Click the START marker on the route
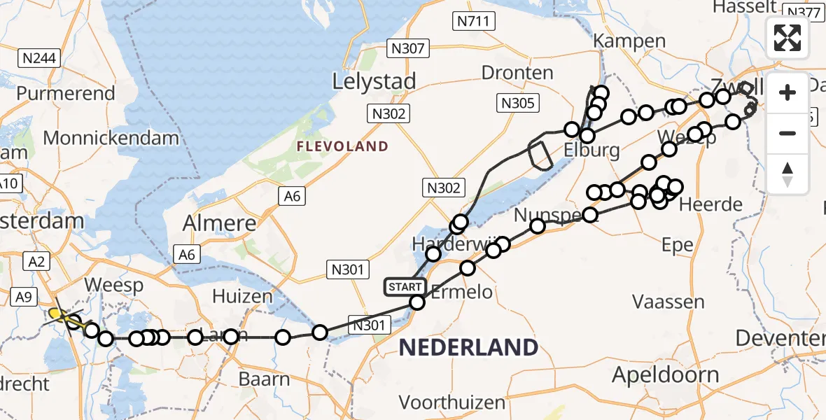point(405,286)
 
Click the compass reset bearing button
point(787,174)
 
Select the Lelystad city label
point(374,81)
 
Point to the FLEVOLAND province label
point(342,146)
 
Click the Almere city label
point(219,224)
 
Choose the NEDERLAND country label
point(468,346)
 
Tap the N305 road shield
point(518,104)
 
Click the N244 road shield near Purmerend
point(39,58)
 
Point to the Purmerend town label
point(66,93)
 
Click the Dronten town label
point(518,73)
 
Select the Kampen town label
point(629,41)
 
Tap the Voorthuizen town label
point(452,402)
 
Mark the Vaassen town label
point(668,302)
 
